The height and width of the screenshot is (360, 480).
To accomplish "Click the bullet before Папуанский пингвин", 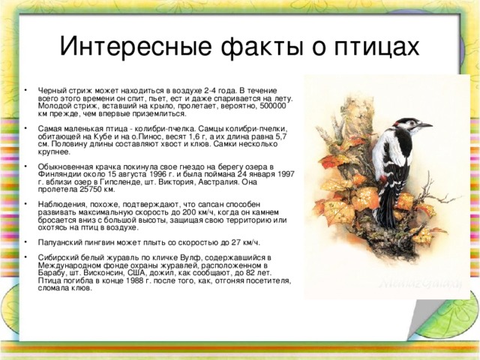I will coord(27,242).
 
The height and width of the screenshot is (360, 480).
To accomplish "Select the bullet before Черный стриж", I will coord(27,90).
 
